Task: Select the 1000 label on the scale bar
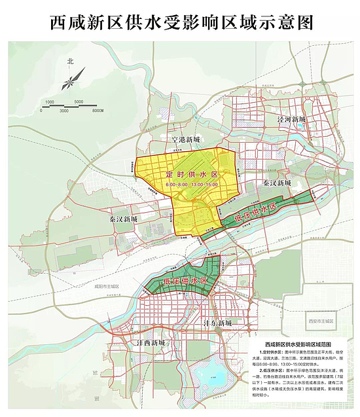pyautogui.click(x=50, y=101)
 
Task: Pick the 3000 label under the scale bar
pyautogui.click(x=63, y=111)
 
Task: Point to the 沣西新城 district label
pyautogui.click(x=151, y=342)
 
